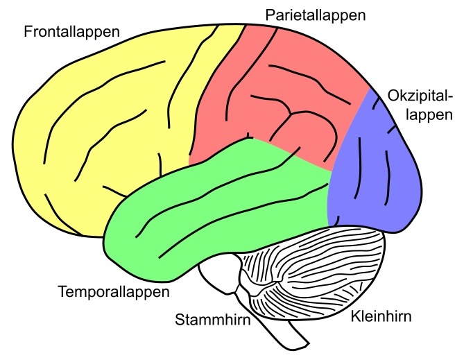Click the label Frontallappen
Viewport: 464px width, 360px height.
(x=72, y=32)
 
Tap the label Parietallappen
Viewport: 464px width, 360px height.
(x=316, y=15)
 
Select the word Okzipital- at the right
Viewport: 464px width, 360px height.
(x=420, y=96)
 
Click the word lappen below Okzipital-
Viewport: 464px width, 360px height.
(x=429, y=115)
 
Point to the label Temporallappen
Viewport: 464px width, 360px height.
(x=114, y=291)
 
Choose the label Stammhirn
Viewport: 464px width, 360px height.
(x=213, y=320)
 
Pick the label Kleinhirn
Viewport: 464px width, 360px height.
(x=381, y=316)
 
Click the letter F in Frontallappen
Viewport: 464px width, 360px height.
(x=28, y=32)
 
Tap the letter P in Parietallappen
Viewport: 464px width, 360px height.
(x=270, y=15)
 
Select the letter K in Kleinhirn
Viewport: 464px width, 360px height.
(x=356, y=316)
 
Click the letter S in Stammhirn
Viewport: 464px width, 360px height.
(x=180, y=320)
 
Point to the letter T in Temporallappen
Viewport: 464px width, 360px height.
(x=63, y=291)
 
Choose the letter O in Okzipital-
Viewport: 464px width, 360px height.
(x=393, y=96)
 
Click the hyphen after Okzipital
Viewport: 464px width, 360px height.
(x=450, y=98)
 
